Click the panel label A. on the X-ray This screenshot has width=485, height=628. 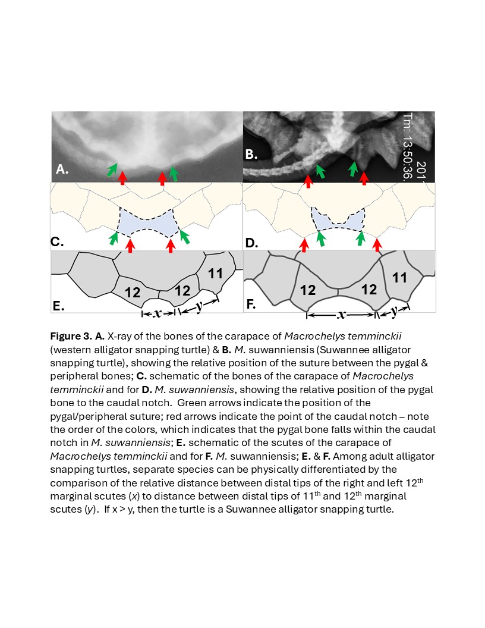point(61,169)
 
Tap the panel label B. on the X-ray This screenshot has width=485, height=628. point(251,155)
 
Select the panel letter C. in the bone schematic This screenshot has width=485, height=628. point(58,242)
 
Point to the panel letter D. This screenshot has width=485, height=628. point(251,242)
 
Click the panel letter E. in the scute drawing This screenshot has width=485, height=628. point(58,306)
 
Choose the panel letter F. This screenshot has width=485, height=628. point(251,305)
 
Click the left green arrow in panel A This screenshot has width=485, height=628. point(111,169)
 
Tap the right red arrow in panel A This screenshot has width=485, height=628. point(162,177)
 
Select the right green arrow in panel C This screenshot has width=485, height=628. point(185,236)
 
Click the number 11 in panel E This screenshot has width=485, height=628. point(215,274)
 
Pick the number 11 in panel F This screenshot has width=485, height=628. point(400,278)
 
